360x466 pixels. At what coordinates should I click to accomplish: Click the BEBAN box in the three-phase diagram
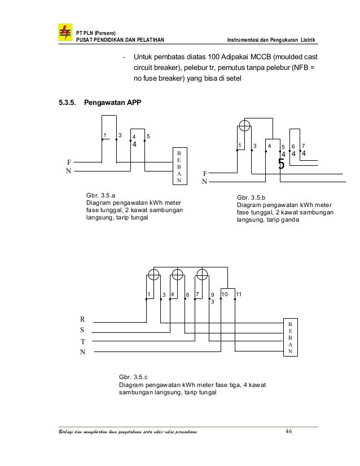[x=291, y=337]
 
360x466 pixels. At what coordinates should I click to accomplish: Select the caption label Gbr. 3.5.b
[x=250, y=197]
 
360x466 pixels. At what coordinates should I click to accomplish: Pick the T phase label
[x=82, y=342]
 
